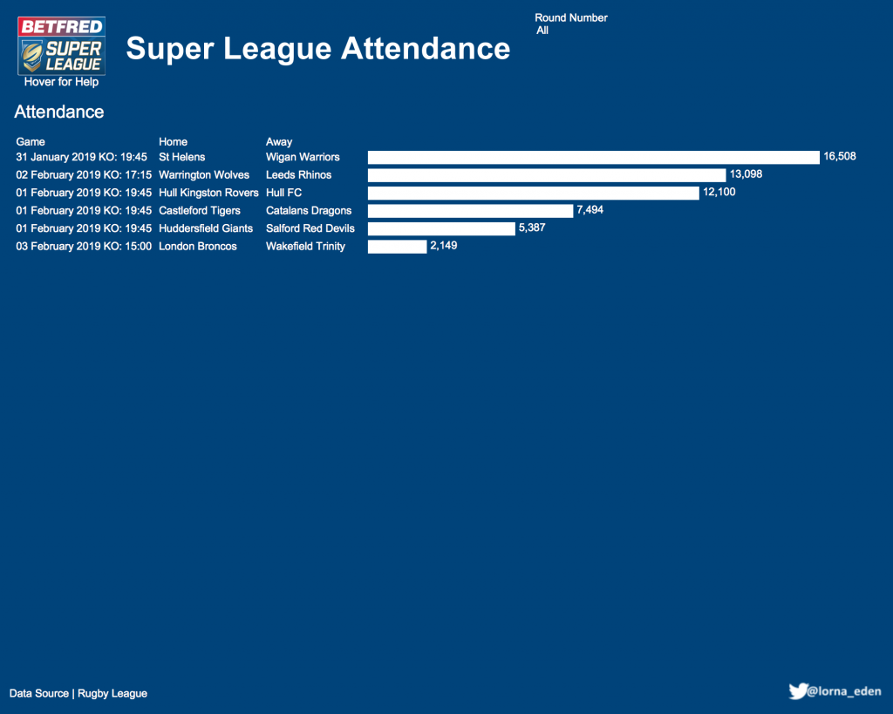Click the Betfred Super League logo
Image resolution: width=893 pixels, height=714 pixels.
pos(61,45)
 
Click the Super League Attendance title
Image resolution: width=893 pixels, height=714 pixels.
pos(317,48)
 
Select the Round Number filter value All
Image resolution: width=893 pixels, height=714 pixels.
pos(542,31)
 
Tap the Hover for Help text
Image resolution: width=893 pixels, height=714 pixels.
pos(61,82)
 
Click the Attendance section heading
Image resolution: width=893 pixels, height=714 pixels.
pos(59,112)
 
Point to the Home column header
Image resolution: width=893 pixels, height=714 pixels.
pos(173,141)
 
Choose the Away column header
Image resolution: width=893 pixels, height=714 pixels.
pos(279,141)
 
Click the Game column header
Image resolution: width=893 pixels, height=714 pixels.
pos(31,141)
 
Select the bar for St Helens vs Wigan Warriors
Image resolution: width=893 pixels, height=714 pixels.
pos(593,157)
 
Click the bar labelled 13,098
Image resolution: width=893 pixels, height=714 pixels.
pos(547,175)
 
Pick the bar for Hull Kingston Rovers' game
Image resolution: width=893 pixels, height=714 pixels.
pos(534,193)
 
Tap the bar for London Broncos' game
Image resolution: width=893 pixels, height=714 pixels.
pos(397,247)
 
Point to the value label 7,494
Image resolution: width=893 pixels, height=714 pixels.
pos(590,210)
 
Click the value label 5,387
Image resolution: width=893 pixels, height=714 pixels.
pos(532,228)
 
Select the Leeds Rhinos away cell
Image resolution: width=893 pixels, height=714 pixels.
pos(298,175)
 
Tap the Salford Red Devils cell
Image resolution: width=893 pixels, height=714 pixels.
pos(310,228)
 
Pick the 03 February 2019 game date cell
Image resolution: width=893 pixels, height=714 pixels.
pos(84,247)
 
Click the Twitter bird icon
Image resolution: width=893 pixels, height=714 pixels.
pos(797,691)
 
